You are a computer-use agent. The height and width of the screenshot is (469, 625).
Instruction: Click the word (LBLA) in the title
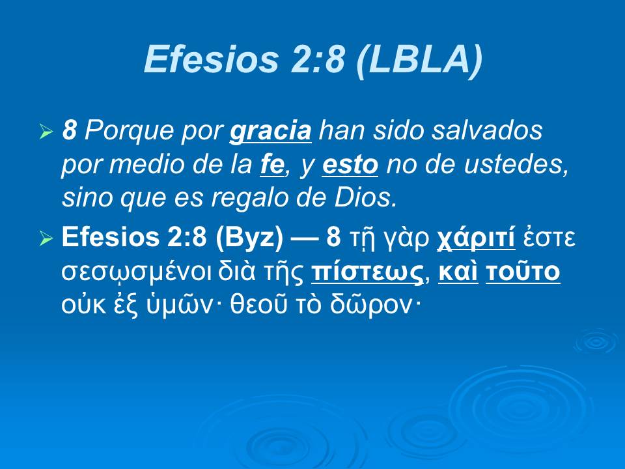pos(420,60)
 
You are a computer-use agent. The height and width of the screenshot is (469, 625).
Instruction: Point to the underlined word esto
pos(350,166)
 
